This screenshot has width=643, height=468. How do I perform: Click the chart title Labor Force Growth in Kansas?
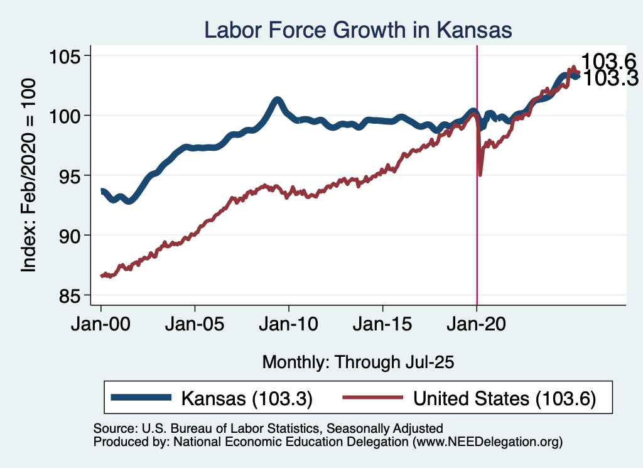pyautogui.click(x=357, y=30)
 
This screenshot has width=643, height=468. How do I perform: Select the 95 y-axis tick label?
pyautogui.click(x=72, y=175)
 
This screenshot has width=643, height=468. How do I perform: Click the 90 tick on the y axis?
pyautogui.click(x=72, y=235)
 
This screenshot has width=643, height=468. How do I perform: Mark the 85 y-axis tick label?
pyautogui.click(x=72, y=295)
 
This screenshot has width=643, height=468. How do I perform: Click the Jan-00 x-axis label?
pyautogui.click(x=100, y=325)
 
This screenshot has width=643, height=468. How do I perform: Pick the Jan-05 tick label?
pyautogui.click(x=195, y=325)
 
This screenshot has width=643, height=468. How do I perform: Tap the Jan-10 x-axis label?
pyautogui.click(x=289, y=325)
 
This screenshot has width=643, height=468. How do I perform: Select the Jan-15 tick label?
pyautogui.click(x=383, y=325)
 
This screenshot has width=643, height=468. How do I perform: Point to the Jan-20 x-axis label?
pyautogui.click(x=477, y=325)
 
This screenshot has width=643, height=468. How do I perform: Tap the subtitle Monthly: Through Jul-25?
pyautogui.click(x=358, y=362)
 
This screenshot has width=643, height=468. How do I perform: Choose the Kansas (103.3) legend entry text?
pyautogui.click(x=247, y=398)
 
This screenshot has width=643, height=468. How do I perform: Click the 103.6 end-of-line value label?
pyautogui.click(x=608, y=62)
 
